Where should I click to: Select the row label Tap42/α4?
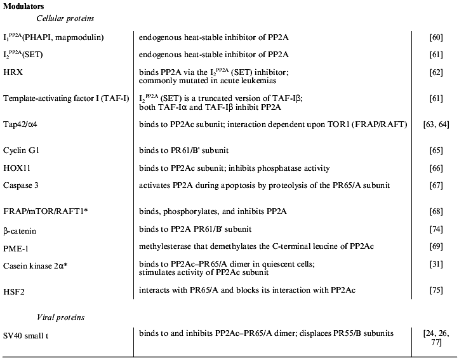coord(24,124)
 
